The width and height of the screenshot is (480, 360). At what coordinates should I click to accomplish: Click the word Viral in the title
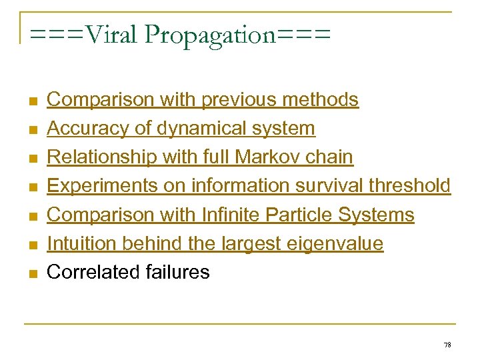tap(109, 35)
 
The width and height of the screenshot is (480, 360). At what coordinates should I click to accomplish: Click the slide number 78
tap(447, 345)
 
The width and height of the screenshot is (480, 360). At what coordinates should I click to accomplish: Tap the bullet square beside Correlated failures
tap(31, 273)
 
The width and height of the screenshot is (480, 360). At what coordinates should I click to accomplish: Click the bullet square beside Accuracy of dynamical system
tap(31, 130)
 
